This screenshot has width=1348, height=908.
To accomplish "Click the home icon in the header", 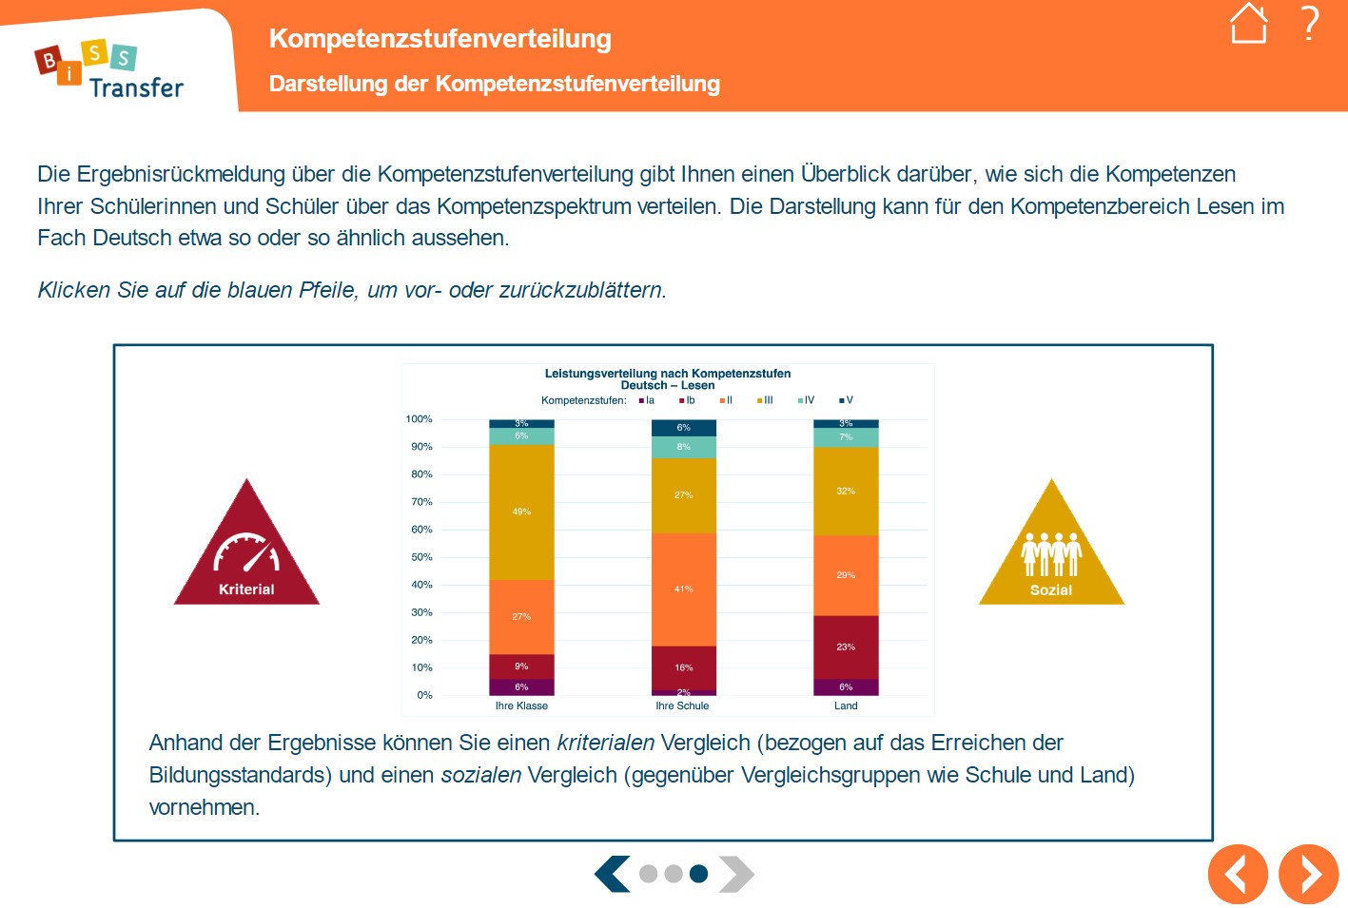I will [x=1248, y=24].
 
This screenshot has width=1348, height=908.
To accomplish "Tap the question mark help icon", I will [x=1310, y=23].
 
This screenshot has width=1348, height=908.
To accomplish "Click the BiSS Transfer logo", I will [x=110, y=70].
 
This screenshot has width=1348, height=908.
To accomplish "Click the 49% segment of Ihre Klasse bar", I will [x=521, y=512].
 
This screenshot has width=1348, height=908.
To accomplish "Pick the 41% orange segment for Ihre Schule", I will [x=683, y=589].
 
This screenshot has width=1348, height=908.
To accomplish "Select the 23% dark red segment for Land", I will [x=845, y=647].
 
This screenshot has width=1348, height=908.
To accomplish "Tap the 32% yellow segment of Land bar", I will [x=845, y=491].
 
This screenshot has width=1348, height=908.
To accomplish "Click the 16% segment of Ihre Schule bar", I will [x=683, y=667].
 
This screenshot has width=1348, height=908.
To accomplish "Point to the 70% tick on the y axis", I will [x=421, y=502].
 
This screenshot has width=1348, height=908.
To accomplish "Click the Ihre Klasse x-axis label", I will [x=521, y=705].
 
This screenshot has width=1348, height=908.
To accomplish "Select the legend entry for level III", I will [x=765, y=400].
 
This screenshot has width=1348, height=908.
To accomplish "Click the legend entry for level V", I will [x=846, y=400].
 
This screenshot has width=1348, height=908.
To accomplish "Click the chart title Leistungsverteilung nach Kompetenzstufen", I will [x=667, y=374].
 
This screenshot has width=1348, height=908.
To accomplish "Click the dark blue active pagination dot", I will [x=698, y=874].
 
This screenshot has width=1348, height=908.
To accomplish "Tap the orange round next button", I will [x=1308, y=874].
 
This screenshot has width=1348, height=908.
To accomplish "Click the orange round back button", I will [x=1238, y=874].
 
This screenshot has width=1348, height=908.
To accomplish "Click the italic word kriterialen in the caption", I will [x=605, y=743].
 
